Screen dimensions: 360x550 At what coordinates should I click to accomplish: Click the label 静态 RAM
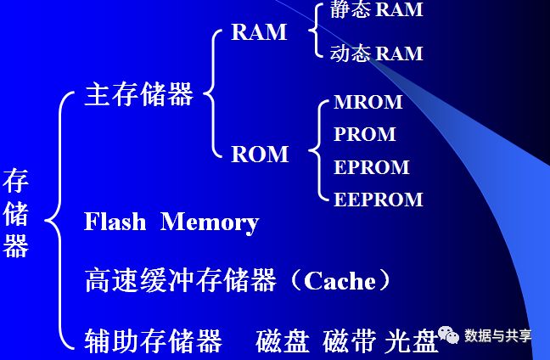tap(376, 10)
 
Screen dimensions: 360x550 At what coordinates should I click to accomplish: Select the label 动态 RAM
tap(376, 53)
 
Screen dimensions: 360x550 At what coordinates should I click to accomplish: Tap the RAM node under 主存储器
tap(259, 32)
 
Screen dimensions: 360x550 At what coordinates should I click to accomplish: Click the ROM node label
tap(260, 155)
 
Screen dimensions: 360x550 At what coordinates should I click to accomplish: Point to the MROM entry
tap(368, 103)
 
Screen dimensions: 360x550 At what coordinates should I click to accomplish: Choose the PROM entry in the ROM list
tap(365, 134)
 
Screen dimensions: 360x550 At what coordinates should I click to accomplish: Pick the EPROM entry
tap(372, 166)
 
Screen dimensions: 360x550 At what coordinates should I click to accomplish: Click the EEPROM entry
tap(378, 200)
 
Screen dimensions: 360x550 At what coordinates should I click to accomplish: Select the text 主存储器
tap(139, 93)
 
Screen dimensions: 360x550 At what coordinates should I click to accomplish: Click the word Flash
tap(115, 222)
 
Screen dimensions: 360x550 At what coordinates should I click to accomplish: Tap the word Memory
tap(210, 222)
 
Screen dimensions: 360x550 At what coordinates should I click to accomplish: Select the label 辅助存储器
tap(153, 340)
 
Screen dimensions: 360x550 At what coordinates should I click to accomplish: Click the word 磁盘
tap(283, 340)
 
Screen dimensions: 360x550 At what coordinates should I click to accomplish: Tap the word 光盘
tap(411, 340)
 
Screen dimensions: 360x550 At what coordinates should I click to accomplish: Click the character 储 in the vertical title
tap(16, 213)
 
